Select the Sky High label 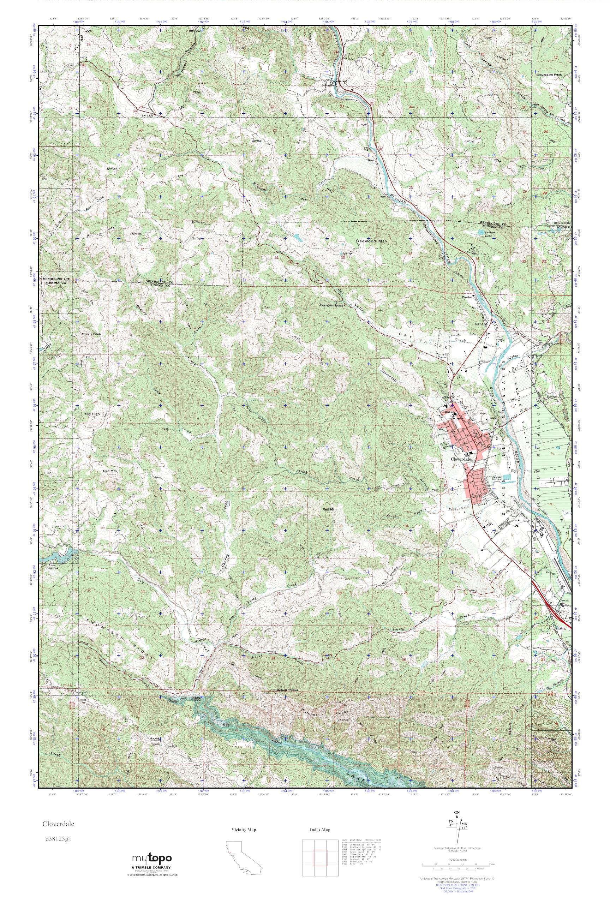tap(92, 414)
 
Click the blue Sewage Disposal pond tap(508, 477)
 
